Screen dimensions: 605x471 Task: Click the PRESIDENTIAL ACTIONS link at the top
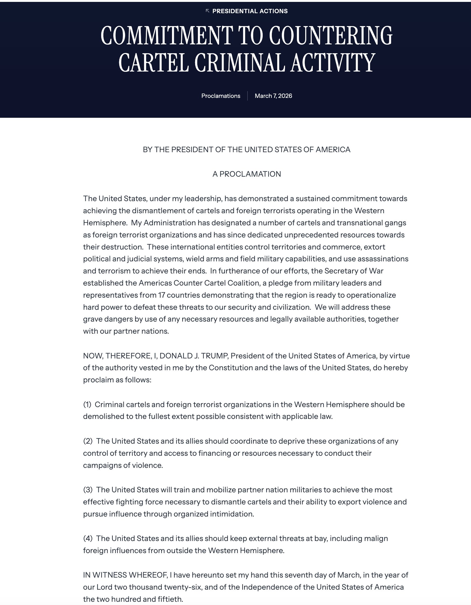click(250, 11)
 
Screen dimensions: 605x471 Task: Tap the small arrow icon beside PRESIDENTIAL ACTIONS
click(207, 11)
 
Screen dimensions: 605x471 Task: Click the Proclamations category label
click(221, 96)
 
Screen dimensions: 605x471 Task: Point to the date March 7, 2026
click(273, 96)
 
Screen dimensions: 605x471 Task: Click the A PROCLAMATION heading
click(247, 174)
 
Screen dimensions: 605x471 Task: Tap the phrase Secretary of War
click(354, 271)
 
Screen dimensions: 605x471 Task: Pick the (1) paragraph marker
click(87, 404)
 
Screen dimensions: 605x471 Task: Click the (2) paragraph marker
click(87, 441)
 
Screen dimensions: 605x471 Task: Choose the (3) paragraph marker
click(87, 490)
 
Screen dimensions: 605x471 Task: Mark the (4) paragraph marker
click(87, 539)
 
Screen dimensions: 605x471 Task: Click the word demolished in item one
click(103, 417)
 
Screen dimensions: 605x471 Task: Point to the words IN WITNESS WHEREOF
click(125, 575)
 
